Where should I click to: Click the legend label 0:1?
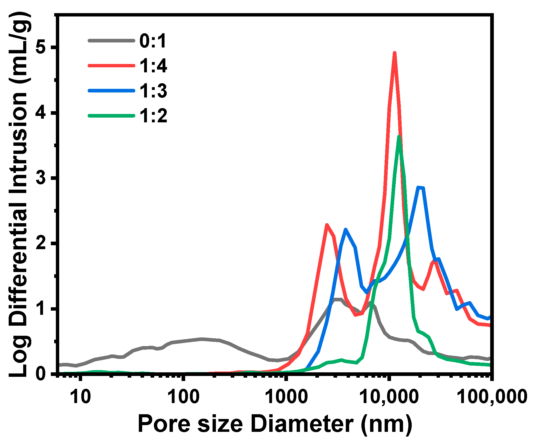click(x=153, y=41)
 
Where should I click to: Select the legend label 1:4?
click(x=153, y=66)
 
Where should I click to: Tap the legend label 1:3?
click(x=153, y=91)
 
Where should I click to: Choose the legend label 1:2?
click(x=153, y=116)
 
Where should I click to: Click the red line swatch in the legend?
click(x=111, y=66)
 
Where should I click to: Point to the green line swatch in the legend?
click(x=111, y=115)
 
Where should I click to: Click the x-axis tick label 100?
click(x=184, y=397)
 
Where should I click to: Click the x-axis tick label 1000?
click(x=286, y=397)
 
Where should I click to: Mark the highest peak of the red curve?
click(x=394, y=53)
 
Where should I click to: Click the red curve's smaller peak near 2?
click(x=327, y=225)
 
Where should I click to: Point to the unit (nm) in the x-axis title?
click(x=387, y=424)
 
